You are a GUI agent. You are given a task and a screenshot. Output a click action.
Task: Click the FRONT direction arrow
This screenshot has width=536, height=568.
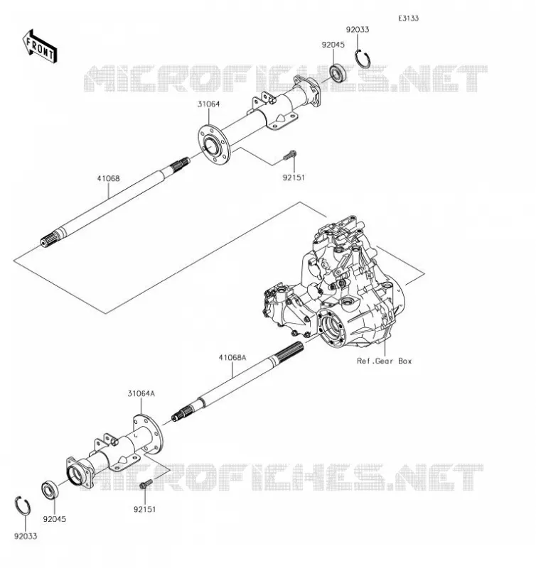(x=40, y=47)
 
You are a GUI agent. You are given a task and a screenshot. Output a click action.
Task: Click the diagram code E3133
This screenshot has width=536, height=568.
(x=408, y=18)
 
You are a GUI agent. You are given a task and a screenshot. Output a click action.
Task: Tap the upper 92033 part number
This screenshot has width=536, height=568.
(x=357, y=30)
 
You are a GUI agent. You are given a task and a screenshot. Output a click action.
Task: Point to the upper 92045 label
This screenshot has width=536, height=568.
(x=333, y=45)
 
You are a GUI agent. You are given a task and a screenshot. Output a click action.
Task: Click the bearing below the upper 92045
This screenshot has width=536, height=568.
(x=338, y=72)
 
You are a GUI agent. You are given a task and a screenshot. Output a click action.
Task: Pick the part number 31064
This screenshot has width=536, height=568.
(x=208, y=104)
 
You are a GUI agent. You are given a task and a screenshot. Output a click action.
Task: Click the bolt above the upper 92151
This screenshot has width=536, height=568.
(x=290, y=155)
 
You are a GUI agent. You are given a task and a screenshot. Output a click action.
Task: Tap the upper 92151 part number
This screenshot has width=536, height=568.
(x=294, y=177)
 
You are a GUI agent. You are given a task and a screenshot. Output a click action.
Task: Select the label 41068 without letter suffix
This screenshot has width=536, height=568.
(x=108, y=179)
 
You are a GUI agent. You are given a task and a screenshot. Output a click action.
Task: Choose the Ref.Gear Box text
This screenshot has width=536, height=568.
(x=385, y=361)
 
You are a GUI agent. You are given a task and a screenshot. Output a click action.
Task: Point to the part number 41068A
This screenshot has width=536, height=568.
(x=232, y=358)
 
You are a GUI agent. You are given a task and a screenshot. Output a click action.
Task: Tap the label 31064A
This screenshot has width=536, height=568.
(x=141, y=393)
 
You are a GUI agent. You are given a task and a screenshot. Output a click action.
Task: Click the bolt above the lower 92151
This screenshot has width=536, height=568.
(x=146, y=484)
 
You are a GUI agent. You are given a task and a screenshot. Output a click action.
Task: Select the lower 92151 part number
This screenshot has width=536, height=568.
(x=145, y=509)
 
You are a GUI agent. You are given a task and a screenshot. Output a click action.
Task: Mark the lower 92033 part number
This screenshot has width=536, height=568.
(x=26, y=536)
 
